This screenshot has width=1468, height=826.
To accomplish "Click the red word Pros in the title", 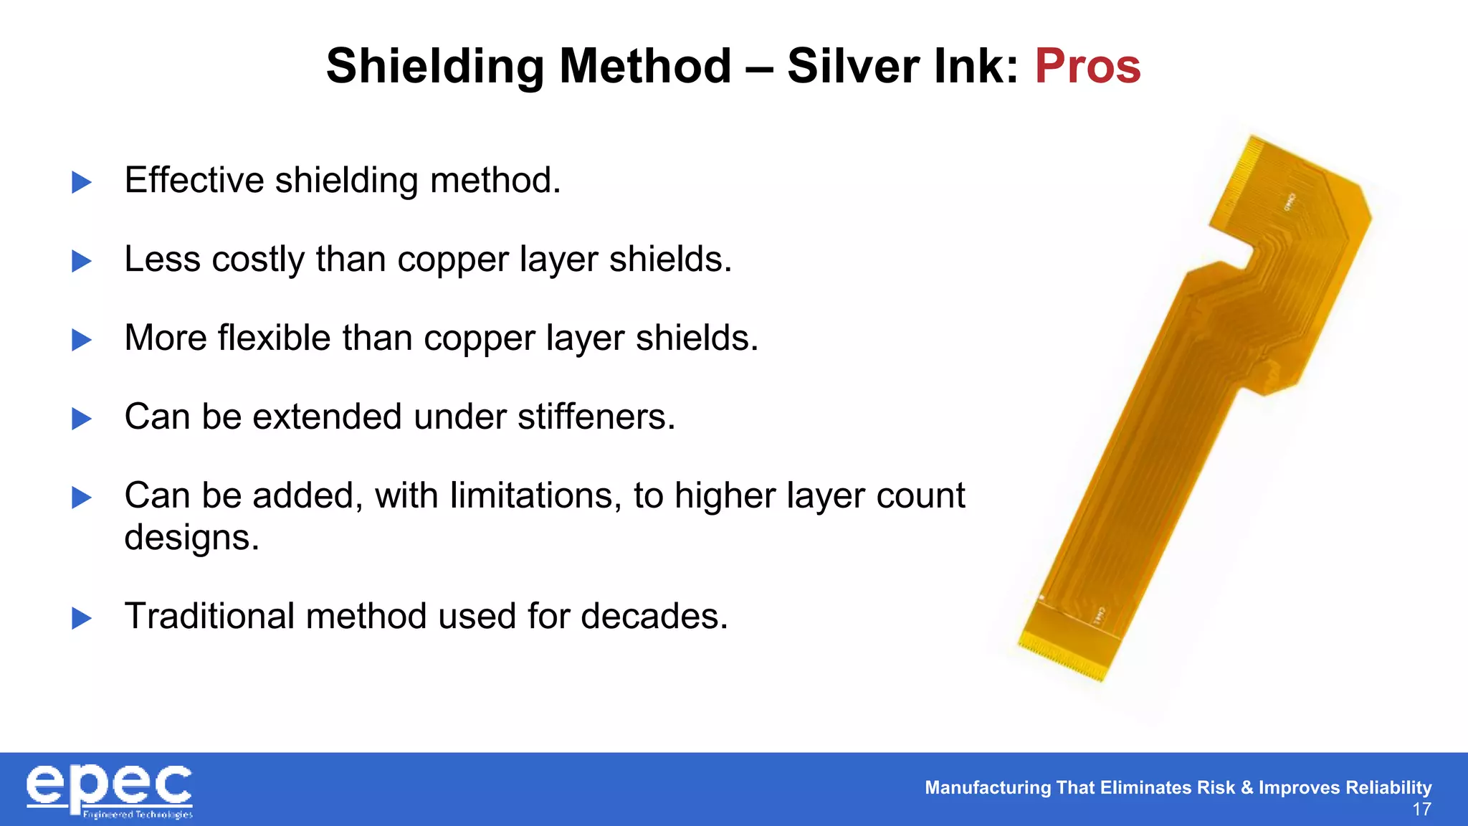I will tap(1087, 66).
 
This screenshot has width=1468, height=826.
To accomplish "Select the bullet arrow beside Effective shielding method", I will tap(82, 182).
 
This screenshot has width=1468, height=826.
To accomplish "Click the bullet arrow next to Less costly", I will tap(82, 261).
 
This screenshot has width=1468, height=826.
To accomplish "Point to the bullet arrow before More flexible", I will tap(82, 340).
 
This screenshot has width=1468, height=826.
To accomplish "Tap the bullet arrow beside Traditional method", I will tap(82, 618).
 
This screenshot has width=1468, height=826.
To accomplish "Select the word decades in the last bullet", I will tap(654, 616).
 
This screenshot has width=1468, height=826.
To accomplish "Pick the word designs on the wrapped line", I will tap(191, 537).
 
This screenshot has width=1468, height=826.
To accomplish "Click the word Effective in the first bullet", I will tap(194, 180).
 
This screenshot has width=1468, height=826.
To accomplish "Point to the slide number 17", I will tap(1421, 810).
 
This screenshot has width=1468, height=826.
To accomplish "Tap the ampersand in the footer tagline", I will tap(1247, 787).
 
